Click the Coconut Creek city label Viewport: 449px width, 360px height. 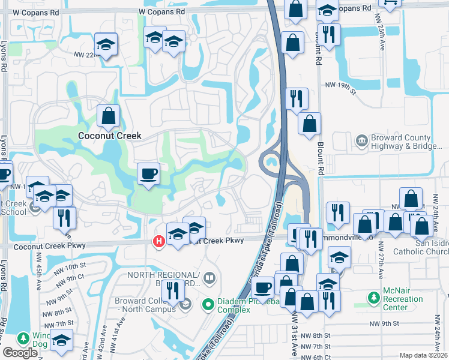point(110,136)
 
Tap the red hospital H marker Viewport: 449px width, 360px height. point(158,241)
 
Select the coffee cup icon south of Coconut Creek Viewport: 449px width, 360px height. point(148,174)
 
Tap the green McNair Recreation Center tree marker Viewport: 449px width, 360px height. point(373,297)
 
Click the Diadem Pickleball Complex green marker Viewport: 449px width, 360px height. point(208,305)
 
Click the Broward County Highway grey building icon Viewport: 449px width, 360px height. point(362,140)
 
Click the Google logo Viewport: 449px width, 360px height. point(20,353)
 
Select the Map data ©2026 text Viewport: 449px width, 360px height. point(423,356)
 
